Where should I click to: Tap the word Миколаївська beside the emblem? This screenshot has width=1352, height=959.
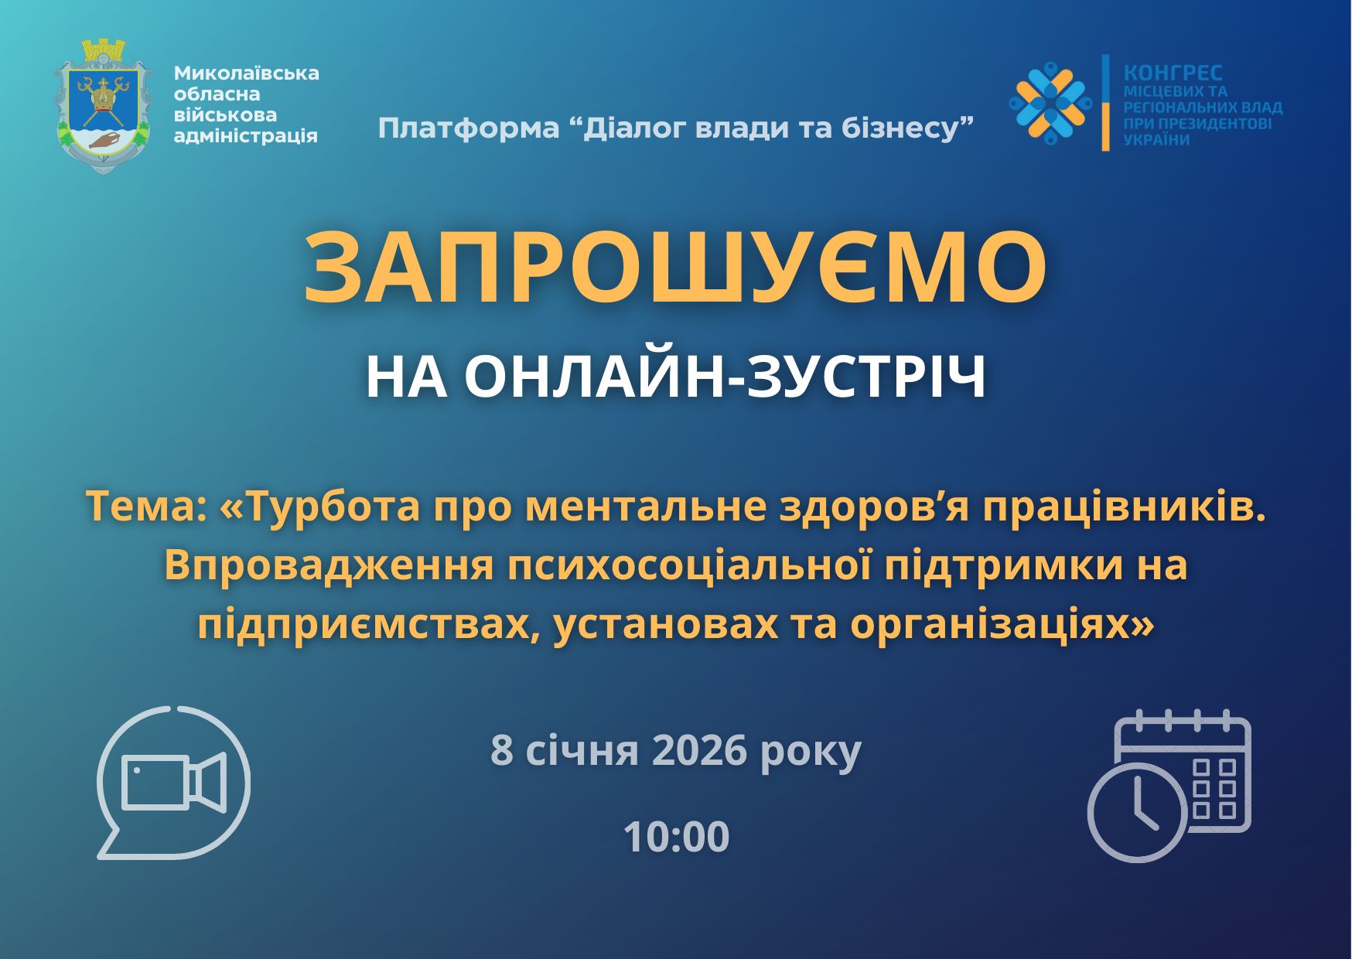[246, 73]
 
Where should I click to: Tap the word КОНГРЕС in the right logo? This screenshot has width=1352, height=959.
[1173, 73]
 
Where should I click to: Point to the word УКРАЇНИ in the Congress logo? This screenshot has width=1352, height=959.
[1156, 140]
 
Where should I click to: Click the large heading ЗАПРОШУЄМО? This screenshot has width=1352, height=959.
[675, 267]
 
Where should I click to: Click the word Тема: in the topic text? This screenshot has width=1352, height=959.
[146, 507]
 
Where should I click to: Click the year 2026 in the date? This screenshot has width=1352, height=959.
[699, 749]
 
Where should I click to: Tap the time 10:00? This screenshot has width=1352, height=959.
[676, 837]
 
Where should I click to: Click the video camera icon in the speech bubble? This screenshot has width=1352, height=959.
[174, 782]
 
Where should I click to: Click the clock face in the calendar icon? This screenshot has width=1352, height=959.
[1137, 812]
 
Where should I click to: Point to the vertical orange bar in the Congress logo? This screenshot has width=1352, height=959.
[1106, 102]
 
